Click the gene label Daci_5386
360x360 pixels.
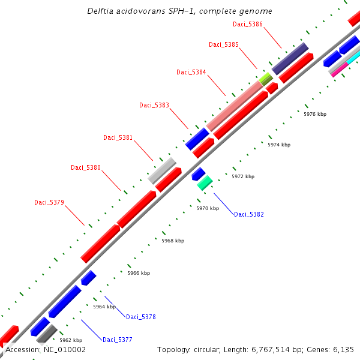[x=248, y=24]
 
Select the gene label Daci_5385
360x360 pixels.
[x=224, y=44]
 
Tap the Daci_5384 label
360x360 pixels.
[x=191, y=72]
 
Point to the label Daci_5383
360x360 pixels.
[x=154, y=105]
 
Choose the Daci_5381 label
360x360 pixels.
[x=118, y=137]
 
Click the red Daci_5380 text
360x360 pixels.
[x=86, y=167]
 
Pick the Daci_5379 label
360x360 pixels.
[x=49, y=202]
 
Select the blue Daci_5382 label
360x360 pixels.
[x=249, y=214]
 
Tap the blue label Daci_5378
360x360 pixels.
[x=141, y=317]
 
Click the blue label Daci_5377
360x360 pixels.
[x=118, y=340]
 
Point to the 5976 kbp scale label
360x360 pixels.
[x=315, y=114]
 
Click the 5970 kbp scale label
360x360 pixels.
[x=208, y=208]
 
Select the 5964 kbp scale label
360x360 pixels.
[x=104, y=307]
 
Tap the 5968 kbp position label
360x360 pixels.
[x=173, y=241]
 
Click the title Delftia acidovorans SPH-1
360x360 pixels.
[x=179, y=11]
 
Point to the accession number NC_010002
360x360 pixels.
[x=46, y=349]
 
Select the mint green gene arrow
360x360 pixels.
[x=205, y=182]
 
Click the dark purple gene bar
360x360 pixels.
[x=290, y=58]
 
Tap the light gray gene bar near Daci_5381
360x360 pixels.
[x=161, y=170]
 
